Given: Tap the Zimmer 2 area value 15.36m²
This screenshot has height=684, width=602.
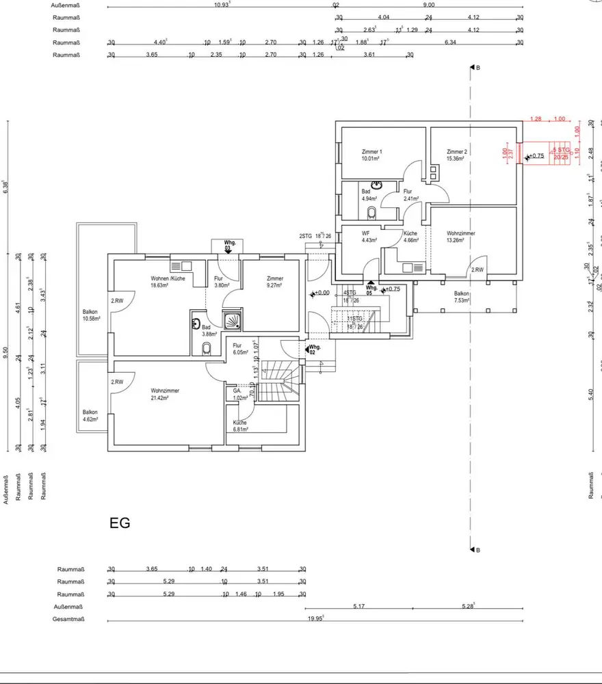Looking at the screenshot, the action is click(456, 159).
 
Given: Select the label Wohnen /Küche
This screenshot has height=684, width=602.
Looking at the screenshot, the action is click(168, 278).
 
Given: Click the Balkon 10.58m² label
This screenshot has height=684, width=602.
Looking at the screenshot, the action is click(90, 315).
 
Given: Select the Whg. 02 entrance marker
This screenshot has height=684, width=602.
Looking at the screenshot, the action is click(311, 350).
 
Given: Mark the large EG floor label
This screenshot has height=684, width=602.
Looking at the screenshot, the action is click(120, 524).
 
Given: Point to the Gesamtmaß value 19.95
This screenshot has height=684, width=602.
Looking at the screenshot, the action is click(315, 618).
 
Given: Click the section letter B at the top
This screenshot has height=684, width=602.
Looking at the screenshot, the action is click(477, 68).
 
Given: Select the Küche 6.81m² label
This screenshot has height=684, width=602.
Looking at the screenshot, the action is click(239, 426).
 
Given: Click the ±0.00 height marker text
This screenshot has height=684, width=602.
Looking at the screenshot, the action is click(321, 293).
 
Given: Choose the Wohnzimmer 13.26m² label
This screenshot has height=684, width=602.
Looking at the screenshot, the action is click(461, 237).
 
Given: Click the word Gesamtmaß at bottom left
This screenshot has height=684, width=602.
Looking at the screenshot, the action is click(68, 619).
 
